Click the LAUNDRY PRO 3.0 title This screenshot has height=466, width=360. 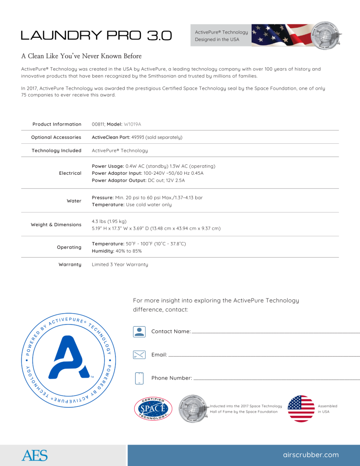click(96, 35)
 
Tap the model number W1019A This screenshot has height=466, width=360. click(134, 124)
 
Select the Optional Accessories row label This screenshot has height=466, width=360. click(56, 137)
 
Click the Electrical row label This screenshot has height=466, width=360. click(70, 173)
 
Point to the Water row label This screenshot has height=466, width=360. click(74, 201)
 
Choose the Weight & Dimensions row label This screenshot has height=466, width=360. click(56, 225)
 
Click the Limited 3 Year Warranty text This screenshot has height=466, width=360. click(120, 264)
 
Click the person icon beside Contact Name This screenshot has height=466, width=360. click(139, 331)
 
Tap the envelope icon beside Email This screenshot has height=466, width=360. click(139, 355)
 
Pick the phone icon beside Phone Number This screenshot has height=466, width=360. click(139, 378)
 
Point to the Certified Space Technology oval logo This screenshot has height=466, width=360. click(153, 409)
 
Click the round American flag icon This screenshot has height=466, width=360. click(301, 409)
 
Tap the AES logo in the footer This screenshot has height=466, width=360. click(34, 455)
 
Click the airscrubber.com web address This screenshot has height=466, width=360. click(311, 455)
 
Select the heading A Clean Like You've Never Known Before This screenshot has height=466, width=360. click(81, 56)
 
